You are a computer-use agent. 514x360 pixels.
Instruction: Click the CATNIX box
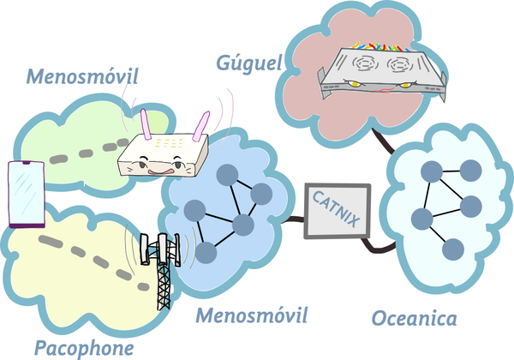pos(337,211)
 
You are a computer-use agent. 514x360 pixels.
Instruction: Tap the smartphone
pos(27,194)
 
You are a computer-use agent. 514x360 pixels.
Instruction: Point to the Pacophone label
pos(84,347)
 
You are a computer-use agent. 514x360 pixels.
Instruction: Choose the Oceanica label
pos(415,318)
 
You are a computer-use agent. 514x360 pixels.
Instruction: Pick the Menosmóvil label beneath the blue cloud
pos(251,315)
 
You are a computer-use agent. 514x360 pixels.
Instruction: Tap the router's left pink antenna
pos(145,124)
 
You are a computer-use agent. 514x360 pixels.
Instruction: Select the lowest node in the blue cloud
pos(206,252)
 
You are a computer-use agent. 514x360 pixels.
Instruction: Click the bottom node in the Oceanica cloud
pos(452,249)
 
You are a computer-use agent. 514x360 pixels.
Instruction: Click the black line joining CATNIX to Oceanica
pos(373,243)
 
